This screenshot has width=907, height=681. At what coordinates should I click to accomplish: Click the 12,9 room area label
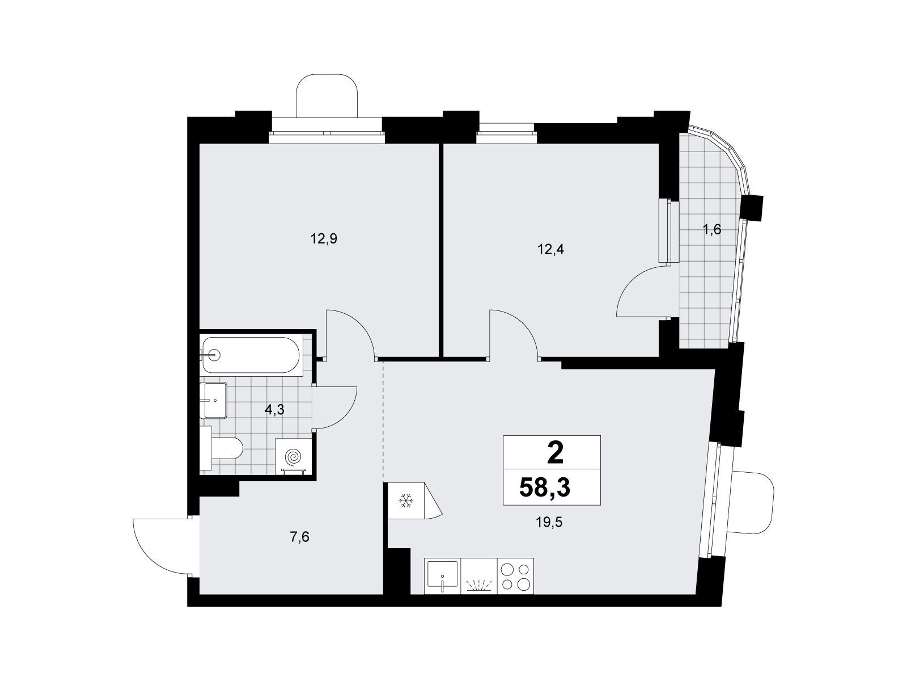[324, 239]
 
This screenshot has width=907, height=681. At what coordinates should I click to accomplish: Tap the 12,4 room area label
[550, 250]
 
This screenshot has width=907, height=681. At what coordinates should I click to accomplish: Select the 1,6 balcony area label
[712, 229]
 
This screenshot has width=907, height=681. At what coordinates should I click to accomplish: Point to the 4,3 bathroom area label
[275, 410]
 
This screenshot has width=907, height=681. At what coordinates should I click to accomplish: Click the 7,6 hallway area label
[299, 537]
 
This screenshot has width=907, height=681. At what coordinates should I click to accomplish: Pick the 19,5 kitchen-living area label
[549, 523]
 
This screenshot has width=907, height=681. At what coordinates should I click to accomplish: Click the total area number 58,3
[545, 488]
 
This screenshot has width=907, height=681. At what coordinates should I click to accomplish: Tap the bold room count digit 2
[555, 454]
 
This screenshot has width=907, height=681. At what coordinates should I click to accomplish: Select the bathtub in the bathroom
[252, 355]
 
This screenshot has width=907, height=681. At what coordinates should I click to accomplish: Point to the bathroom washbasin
[214, 400]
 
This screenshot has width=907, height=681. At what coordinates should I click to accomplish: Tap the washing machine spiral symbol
[294, 457]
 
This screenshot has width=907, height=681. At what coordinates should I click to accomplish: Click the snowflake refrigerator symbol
[406, 501]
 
